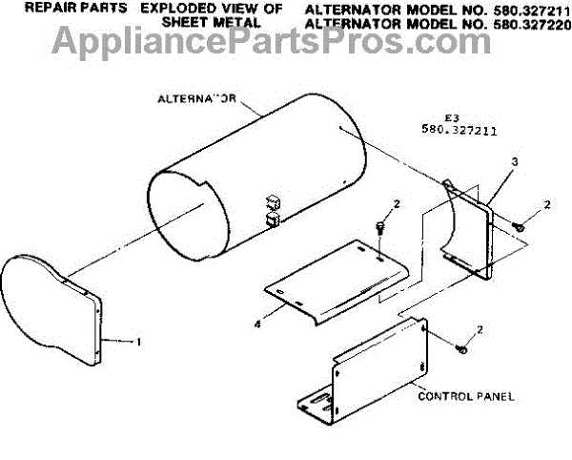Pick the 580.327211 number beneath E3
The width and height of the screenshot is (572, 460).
tap(460, 129)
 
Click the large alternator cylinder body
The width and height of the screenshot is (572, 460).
tap(257, 177)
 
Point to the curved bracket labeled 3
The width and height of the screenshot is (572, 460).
tap(472, 229)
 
